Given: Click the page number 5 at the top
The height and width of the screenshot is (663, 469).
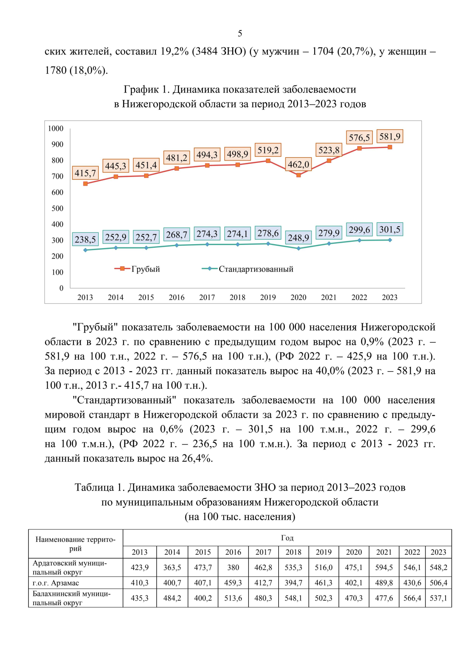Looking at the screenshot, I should tap(240, 34).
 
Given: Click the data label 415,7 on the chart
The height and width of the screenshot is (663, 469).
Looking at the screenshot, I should tap(85, 173).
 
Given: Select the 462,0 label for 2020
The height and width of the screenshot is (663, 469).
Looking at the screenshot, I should tap(298, 164).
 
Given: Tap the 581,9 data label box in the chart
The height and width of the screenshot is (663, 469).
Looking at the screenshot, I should tap(390, 136).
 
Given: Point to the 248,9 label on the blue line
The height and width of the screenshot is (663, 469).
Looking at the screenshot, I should tap(298, 238).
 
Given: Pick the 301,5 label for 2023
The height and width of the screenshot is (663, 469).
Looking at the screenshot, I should tap(390, 229).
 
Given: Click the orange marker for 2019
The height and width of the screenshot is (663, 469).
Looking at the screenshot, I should tap(268, 161).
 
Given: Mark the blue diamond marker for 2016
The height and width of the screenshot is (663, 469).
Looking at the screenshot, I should tap(177, 245).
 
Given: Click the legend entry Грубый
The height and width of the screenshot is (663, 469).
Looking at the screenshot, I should tap(145, 269).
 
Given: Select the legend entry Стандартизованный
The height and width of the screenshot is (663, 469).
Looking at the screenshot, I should tap(256, 269).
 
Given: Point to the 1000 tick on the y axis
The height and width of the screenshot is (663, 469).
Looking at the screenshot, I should tap(56, 129).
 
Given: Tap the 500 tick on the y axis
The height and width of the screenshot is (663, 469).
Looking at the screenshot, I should tap(57, 208).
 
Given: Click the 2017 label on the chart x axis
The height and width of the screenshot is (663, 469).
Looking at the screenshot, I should tap(207, 297).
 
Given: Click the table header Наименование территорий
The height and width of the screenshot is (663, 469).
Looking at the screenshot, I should tap(75, 544).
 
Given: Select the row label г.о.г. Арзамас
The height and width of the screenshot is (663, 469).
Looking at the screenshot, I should tap(56, 583).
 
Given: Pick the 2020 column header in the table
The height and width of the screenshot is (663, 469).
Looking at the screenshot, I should tap(354, 552).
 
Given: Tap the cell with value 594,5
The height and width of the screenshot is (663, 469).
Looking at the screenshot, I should tap(384, 567).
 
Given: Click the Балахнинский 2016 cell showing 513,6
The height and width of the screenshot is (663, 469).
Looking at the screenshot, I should tap(233, 598).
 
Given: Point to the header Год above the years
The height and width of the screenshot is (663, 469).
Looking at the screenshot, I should tap(287, 538).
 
